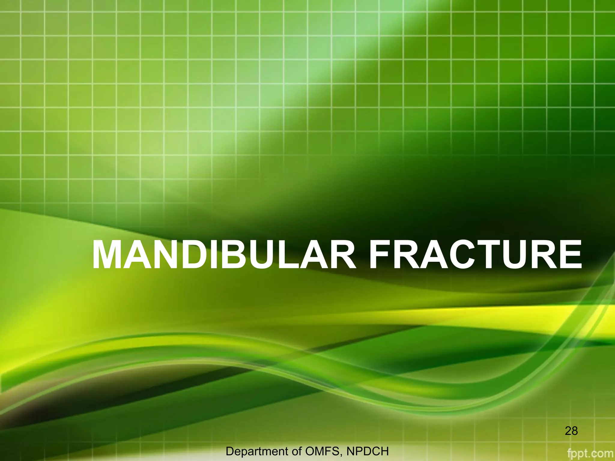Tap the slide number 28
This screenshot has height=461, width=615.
click(571, 431)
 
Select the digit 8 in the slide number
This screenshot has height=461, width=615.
click(575, 431)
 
